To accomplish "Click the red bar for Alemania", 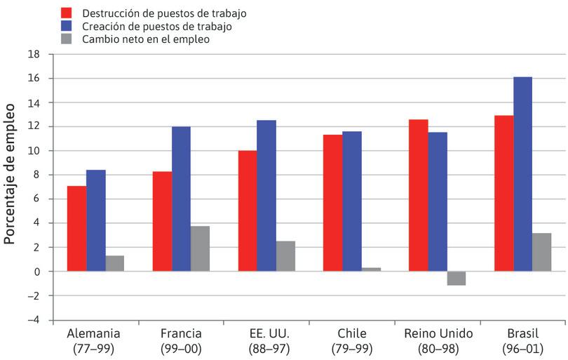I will click(x=76, y=229).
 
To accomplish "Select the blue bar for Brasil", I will click(x=522, y=174).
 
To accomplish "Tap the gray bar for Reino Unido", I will click(x=456, y=278).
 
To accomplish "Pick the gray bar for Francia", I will click(x=200, y=248).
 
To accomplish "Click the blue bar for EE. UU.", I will click(x=266, y=196).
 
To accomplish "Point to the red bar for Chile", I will click(x=332, y=203).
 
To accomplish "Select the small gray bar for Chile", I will click(x=371, y=269).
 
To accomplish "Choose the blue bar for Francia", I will click(x=181, y=199).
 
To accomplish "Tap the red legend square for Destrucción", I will click(x=67, y=13).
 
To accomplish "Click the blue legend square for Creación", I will click(x=67, y=27).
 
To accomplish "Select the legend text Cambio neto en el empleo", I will click(x=145, y=39).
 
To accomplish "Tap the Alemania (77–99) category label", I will click(x=95, y=340).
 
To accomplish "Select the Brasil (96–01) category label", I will click(x=522, y=340).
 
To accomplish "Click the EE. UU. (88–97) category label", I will click(x=266, y=340).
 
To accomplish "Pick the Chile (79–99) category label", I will click(x=351, y=340).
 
